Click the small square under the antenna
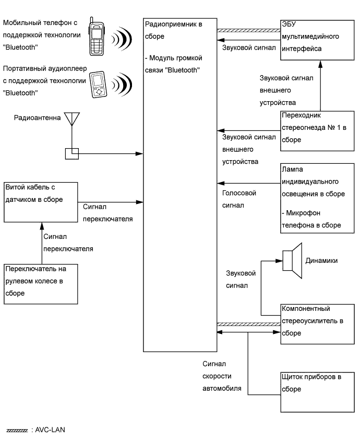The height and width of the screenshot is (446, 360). point(71,154)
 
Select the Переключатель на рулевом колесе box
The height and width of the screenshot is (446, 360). point(41,281)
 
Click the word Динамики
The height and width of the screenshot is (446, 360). point(321,260)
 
